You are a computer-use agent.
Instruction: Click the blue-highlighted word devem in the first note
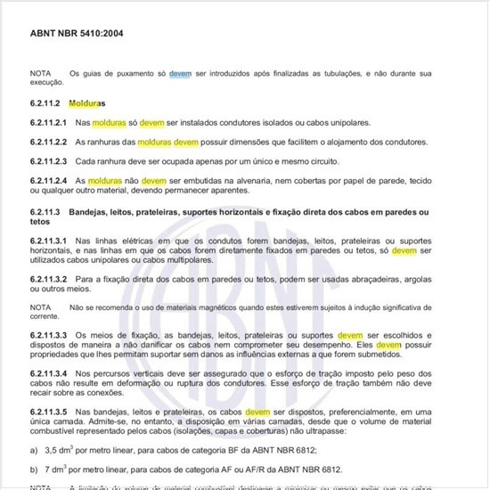(180, 73)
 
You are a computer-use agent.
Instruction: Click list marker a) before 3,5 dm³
(34, 451)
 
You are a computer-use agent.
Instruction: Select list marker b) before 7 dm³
(34, 469)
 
